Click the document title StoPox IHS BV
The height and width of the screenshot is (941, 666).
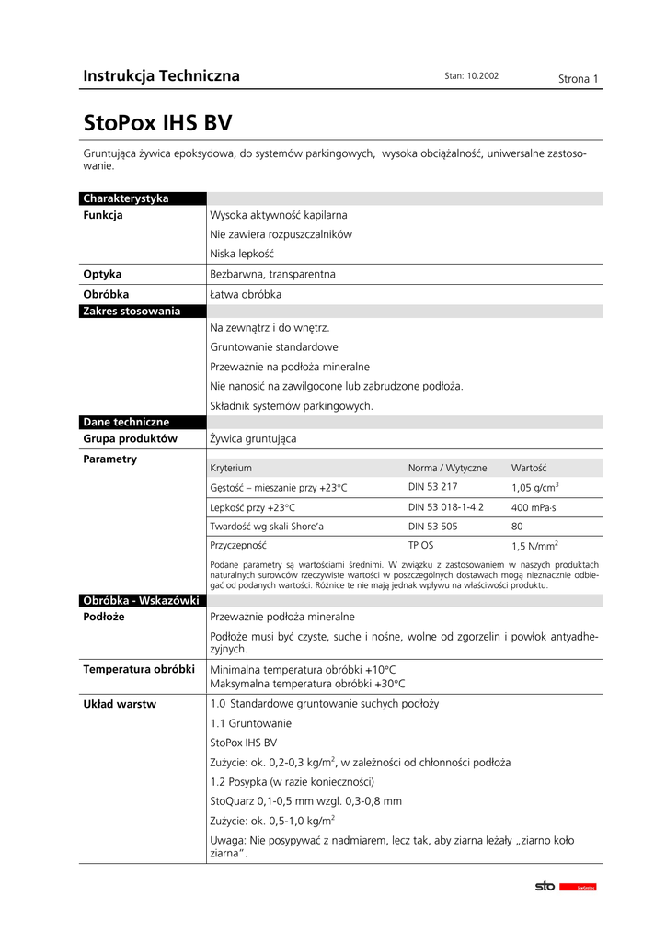(157, 124)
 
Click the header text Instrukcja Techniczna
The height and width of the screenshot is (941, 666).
(161, 76)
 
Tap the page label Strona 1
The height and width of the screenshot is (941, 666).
(579, 79)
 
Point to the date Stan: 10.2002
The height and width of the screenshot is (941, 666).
(471, 76)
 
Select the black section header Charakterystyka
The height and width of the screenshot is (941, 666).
(126, 198)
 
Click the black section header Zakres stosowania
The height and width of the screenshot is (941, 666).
(132, 312)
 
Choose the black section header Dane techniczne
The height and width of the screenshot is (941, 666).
(126, 422)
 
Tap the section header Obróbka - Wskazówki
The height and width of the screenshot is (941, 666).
(141, 600)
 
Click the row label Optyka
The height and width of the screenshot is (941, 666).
(102, 274)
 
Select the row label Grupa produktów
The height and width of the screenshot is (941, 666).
(130, 439)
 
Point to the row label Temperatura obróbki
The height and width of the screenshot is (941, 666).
(139, 669)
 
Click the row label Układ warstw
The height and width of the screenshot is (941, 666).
(120, 704)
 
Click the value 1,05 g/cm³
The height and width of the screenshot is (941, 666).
(535, 488)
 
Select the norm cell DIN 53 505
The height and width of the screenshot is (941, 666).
(433, 527)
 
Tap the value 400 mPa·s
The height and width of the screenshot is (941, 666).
(534, 507)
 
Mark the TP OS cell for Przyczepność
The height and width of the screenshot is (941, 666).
(420, 545)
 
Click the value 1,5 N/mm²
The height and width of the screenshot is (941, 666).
(535, 546)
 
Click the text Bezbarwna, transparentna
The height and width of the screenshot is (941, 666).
(273, 274)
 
